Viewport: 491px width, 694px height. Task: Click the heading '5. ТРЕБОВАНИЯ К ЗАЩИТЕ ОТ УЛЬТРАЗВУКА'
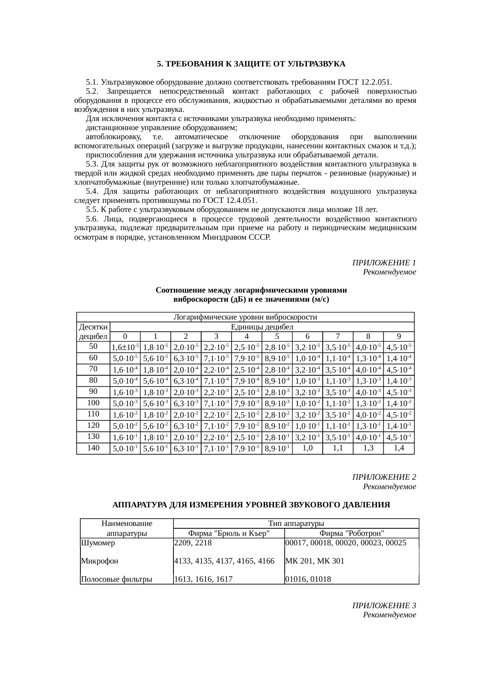[251, 64]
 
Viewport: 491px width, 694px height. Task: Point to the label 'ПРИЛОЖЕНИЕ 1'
[384, 263]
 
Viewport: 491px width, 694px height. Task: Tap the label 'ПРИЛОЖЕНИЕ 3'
[384, 605]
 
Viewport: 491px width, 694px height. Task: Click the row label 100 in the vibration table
[93, 403]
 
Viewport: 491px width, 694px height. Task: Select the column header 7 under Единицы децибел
[338, 337]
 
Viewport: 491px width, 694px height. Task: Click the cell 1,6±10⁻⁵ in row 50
[125, 347]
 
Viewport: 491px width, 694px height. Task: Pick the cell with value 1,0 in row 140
[307, 448]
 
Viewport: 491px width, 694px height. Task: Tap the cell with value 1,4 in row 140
[399, 448]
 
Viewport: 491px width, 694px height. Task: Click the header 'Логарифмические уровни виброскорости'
[246, 317]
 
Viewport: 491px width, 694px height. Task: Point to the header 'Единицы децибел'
[262, 327]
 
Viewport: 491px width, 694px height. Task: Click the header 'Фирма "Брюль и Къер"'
[229, 533]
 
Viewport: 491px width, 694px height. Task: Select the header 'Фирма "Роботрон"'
[352, 533]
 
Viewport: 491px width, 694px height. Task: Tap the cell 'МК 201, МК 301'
[314, 561]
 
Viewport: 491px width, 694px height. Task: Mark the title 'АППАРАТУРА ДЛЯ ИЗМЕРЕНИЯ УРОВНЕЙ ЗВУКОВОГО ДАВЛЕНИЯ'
[251, 505]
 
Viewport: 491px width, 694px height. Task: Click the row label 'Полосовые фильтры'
[116, 579]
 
